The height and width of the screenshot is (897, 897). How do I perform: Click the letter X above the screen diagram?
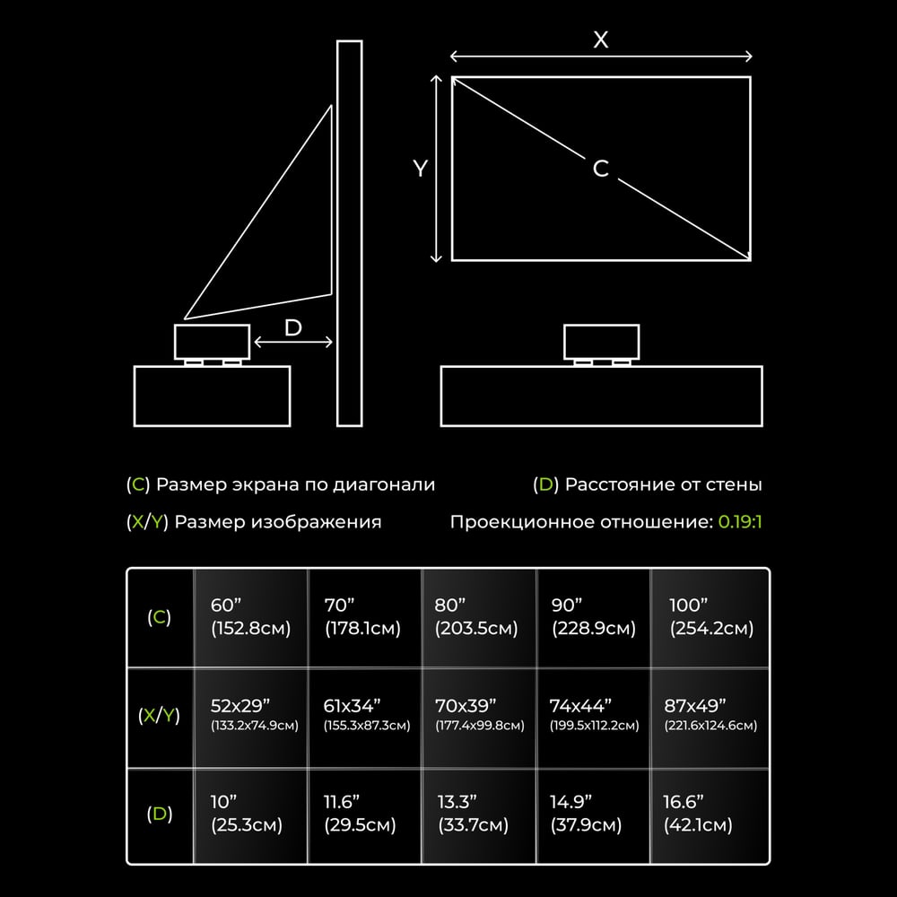click(601, 39)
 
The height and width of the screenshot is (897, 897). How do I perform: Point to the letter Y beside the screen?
click(421, 169)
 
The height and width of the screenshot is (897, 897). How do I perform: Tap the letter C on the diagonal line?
click(601, 169)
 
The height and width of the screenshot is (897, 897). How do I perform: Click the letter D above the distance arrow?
click(293, 327)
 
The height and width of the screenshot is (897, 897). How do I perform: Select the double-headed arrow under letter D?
click(293, 342)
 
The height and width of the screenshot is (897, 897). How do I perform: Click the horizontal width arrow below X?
click(601, 56)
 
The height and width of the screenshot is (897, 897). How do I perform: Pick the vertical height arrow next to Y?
click(436, 169)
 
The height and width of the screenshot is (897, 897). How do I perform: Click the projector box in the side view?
click(213, 342)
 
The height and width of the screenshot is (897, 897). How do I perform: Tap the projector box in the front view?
click(601, 342)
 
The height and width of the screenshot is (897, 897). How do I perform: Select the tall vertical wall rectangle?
click(350, 233)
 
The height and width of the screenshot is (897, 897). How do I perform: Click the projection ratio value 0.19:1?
click(740, 522)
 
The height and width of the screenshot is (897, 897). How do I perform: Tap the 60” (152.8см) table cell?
click(250, 617)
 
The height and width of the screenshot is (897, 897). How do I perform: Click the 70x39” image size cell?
click(479, 715)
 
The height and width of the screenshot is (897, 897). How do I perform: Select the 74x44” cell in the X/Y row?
click(594, 715)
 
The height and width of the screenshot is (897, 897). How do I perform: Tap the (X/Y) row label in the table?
click(159, 715)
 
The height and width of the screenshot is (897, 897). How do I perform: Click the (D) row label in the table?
click(159, 814)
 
